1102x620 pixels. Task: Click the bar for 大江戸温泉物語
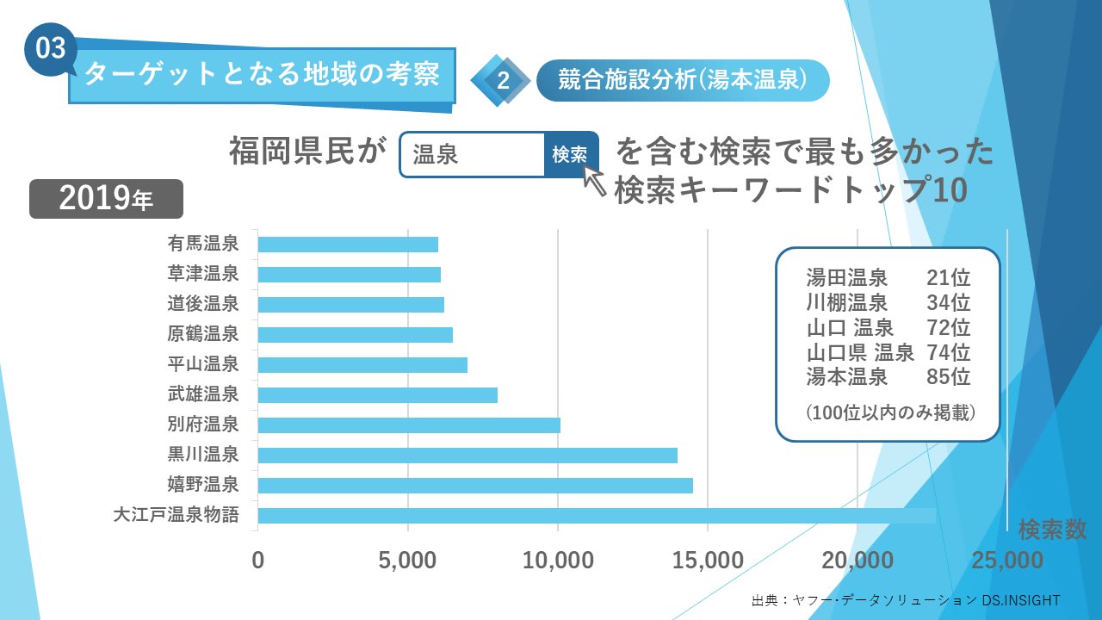coord(596,516)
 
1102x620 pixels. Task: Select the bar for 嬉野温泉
coord(475,486)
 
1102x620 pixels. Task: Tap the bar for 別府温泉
coord(409,425)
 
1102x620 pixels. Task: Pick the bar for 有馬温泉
coord(348,245)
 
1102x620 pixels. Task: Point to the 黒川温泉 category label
coord(203,455)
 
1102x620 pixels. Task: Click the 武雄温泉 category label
coord(203,394)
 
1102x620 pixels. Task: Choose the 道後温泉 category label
coord(203,304)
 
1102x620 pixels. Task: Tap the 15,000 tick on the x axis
coord(708,561)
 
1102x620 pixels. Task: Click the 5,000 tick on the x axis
coord(408,561)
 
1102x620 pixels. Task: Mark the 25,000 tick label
coord(1007,561)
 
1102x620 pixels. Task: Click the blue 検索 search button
coord(570,155)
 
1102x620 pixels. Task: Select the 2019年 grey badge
coord(107,199)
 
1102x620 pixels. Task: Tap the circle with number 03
coord(51,48)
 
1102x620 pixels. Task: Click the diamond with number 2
coord(502,81)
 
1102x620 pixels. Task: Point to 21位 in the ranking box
coord(949,278)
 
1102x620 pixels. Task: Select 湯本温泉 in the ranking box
coord(847,376)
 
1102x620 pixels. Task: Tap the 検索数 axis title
coord(1052,529)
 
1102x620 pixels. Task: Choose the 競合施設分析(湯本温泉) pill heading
coord(682,80)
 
